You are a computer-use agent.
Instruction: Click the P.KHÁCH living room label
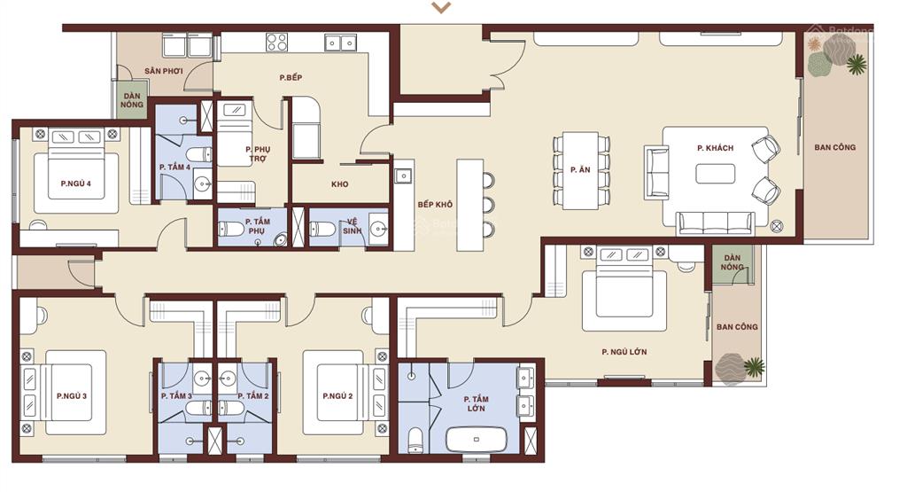[x=715, y=147]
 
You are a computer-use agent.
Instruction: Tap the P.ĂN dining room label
[x=580, y=169]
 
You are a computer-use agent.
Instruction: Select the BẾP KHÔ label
[x=435, y=204]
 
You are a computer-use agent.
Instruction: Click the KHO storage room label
[x=339, y=184]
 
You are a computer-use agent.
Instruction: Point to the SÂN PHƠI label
[x=164, y=71]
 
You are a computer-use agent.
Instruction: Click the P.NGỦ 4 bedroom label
[x=76, y=184]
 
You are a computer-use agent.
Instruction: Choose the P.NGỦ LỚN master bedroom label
[x=624, y=351]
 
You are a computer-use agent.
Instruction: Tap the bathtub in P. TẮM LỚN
[x=476, y=440]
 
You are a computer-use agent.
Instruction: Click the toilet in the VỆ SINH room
[x=322, y=230]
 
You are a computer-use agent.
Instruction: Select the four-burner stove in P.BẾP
[x=276, y=43]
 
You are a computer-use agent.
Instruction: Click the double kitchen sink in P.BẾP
[x=340, y=43]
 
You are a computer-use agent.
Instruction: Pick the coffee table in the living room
[x=716, y=174]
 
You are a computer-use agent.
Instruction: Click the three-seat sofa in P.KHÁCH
[x=716, y=223]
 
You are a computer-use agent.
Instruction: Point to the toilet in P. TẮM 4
[x=198, y=155]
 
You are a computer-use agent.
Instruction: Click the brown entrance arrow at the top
[x=441, y=7]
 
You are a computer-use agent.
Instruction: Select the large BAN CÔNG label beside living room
[x=834, y=147]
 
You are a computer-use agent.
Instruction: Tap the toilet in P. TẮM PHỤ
[x=231, y=230]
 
